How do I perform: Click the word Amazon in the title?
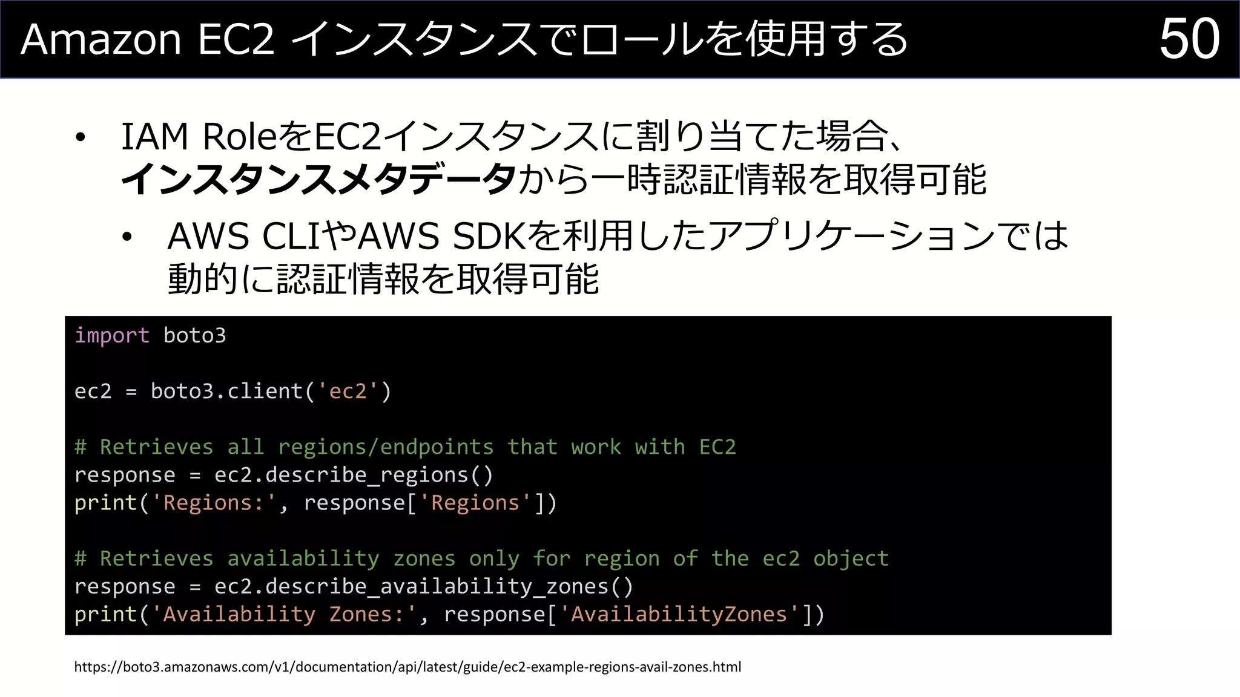tap(101, 40)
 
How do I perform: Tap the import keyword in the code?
tap(111, 335)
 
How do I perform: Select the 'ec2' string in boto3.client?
tap(348, 391)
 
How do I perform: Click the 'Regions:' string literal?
tap(213, 503)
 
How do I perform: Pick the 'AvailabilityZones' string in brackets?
tap(679, 614)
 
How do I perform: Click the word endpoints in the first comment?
tap(437, 447)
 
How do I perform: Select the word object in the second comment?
tap(851, 558)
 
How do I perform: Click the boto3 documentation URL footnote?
tap(407, 667)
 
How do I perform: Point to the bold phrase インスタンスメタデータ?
tap(318, 180)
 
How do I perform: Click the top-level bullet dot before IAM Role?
tap(81, 137)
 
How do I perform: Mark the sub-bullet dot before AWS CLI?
tap(127, 237)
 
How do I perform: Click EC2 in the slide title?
tap(236, 40)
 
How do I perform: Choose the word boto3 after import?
tap(194, 335)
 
